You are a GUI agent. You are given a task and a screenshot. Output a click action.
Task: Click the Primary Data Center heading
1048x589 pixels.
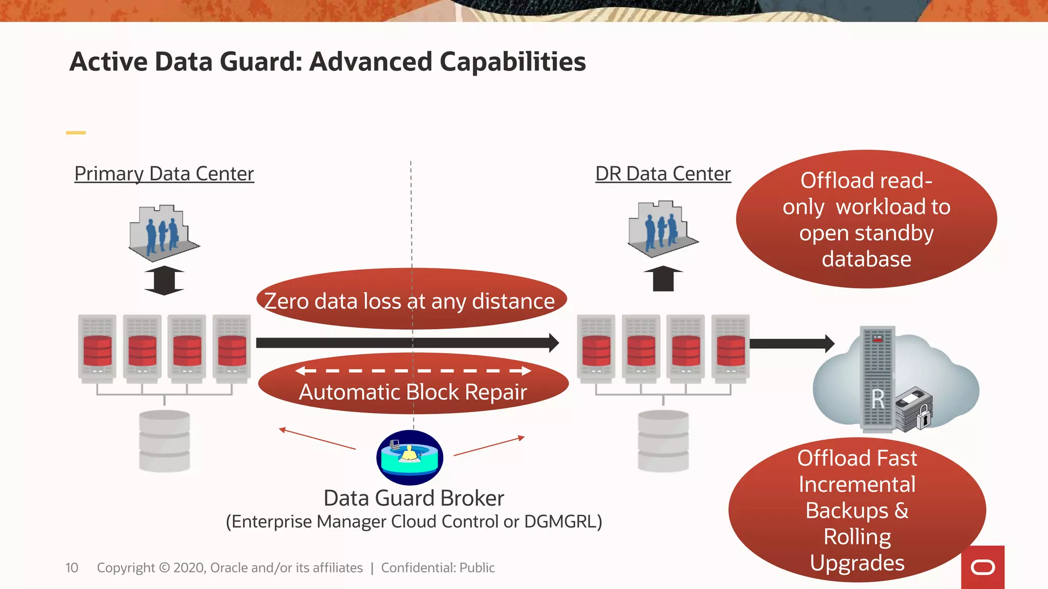click(164, 174)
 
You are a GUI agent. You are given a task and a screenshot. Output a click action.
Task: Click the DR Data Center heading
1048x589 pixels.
click(663, 174)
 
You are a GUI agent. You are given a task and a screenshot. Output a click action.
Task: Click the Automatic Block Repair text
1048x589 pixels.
click(412, 392)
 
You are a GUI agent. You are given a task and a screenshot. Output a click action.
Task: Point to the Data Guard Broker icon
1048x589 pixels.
click(409, 457)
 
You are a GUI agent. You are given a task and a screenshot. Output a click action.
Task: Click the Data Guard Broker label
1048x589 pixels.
click(413, 498)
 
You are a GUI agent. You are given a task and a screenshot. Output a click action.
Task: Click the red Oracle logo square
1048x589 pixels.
click(982, 567)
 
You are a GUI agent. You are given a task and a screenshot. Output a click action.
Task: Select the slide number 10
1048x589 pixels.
click(72, 568)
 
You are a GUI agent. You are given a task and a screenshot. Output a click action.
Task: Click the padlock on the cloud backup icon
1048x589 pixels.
click(924, 417)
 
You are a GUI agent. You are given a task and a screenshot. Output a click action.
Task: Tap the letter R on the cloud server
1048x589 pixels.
click(878, 399)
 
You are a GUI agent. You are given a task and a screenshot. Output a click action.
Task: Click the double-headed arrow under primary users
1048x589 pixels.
click(164, 280)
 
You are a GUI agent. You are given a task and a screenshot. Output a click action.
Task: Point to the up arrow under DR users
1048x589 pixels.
click(663, 279)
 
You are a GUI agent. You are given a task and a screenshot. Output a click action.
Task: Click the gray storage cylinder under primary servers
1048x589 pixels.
click(164, 441)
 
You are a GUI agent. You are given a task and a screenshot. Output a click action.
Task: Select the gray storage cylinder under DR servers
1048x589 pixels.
click(663, 441)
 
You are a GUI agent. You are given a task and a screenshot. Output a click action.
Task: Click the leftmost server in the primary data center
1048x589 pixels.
click(97, 348)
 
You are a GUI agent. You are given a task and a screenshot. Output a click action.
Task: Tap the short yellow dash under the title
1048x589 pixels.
click(76, 133)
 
